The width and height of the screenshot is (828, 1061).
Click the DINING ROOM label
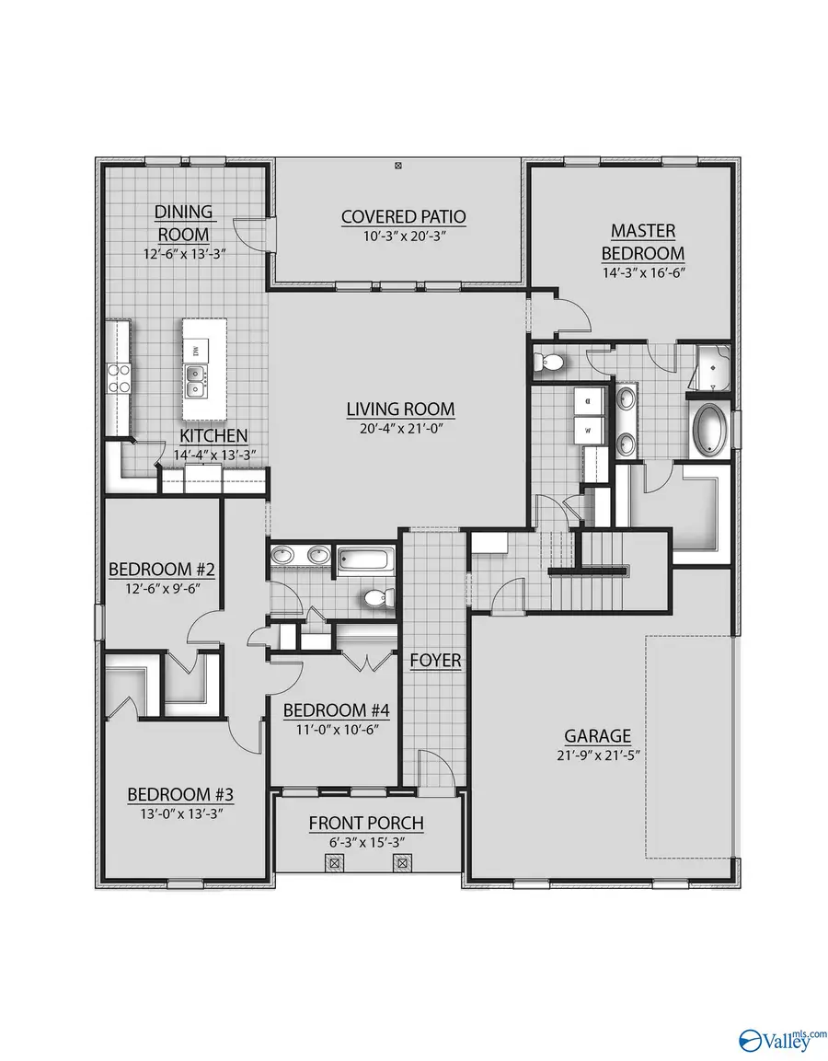point(183,223)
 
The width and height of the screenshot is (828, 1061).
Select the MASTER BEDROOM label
point(643,241)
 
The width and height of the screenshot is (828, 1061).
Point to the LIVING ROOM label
point(400,409)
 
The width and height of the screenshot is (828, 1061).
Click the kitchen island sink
point(196,379)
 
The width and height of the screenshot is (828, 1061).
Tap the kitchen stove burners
point(120,377)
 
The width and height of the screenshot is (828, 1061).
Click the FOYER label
point(435,661)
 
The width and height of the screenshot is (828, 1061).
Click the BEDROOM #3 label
point(174,794)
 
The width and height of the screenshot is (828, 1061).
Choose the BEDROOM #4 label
point(324,710)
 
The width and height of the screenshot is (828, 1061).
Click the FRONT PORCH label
point(366,823)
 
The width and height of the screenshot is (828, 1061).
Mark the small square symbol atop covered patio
point(398,167)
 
